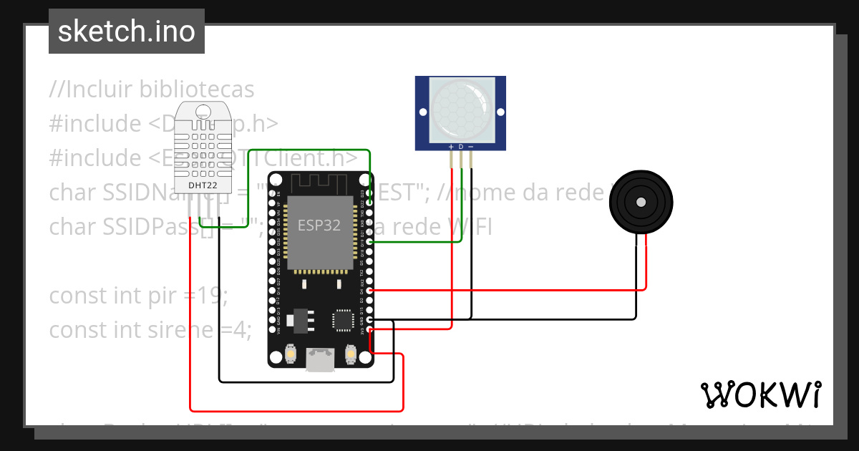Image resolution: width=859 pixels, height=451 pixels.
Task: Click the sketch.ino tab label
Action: pyautogui.click(x=126, y=31)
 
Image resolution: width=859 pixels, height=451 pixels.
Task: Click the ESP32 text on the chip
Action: pyautogui.click(x=319, y=224)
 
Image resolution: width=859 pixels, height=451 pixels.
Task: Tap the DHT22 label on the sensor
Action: pyautogui.click(x=203, y=185)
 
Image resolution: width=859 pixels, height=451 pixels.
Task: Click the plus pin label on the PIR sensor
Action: pyautogui.click(x=451, y=147)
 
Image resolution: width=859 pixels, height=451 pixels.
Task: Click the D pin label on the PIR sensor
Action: pyautogui.click(x=461, y=147)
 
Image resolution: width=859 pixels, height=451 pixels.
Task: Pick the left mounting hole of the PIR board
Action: pyautogui.click(x=422, y=112)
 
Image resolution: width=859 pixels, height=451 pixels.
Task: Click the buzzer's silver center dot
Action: pyautogui.click(x=641, y=203)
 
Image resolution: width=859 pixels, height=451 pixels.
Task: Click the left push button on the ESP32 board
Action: pyautogui.click(x=291, y=354)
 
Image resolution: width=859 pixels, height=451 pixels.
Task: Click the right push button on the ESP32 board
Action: pyautogui.click(x=351, y=354)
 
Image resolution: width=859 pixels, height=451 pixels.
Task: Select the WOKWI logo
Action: pyautogui.click(x=760, y=394)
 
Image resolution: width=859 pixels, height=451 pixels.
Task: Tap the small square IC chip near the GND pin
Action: pyautogui.click(x=343, y=320)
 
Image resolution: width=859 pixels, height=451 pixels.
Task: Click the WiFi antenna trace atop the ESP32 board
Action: pyautogui.click(x=321, y=183)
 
